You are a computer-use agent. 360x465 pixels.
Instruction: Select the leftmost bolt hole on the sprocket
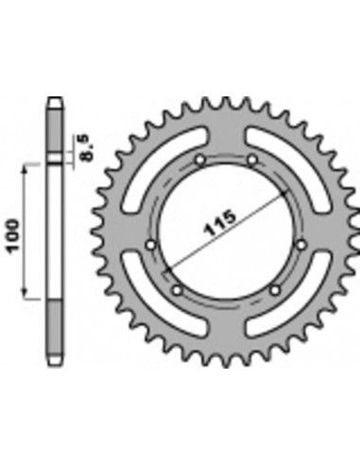pyautogui.click(x=151, y=247)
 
